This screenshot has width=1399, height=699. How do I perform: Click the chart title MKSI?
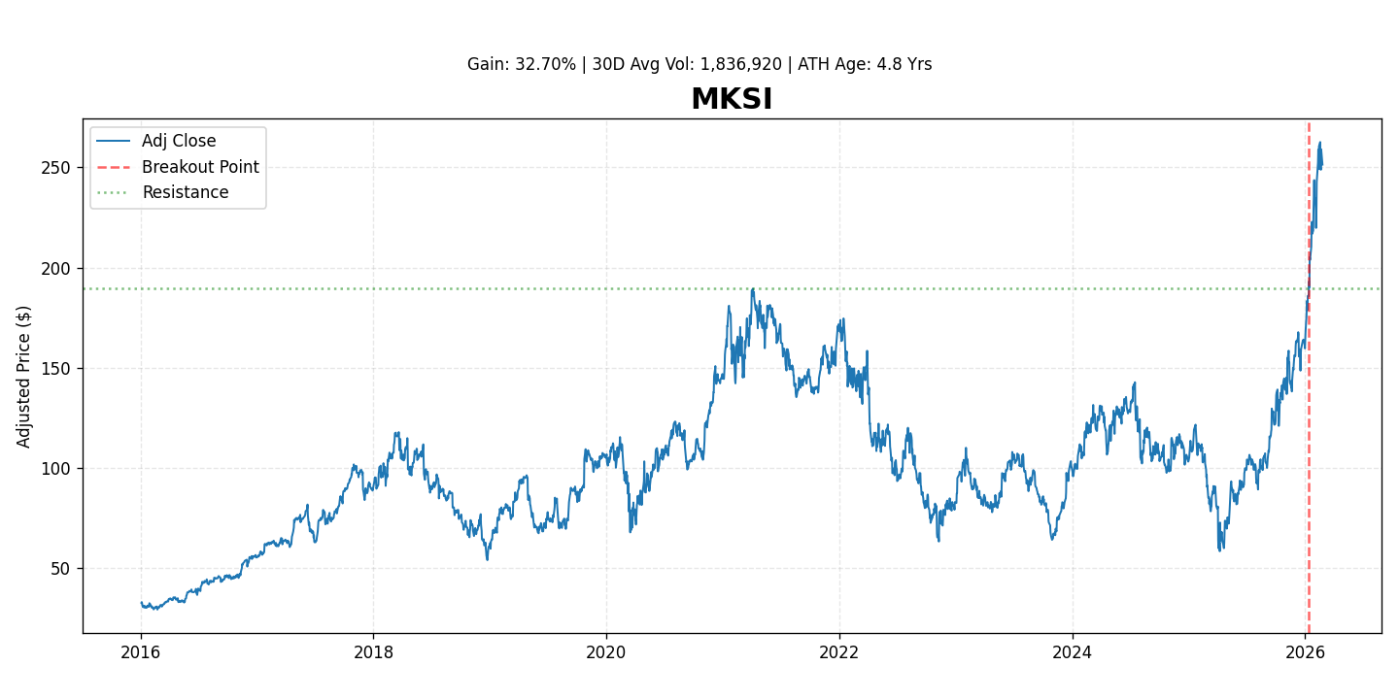click(731, 100)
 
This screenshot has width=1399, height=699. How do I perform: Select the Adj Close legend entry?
click(178, 142)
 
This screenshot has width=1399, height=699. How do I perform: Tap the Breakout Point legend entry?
click(199, 167)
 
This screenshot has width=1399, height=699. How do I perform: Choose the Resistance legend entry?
click(185, 192)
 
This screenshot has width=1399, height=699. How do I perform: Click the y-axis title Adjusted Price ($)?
click(24, 377)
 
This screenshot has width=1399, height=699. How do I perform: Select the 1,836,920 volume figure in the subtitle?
click(740, 65)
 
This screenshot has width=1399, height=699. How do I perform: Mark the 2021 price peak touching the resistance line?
click(752, 289)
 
